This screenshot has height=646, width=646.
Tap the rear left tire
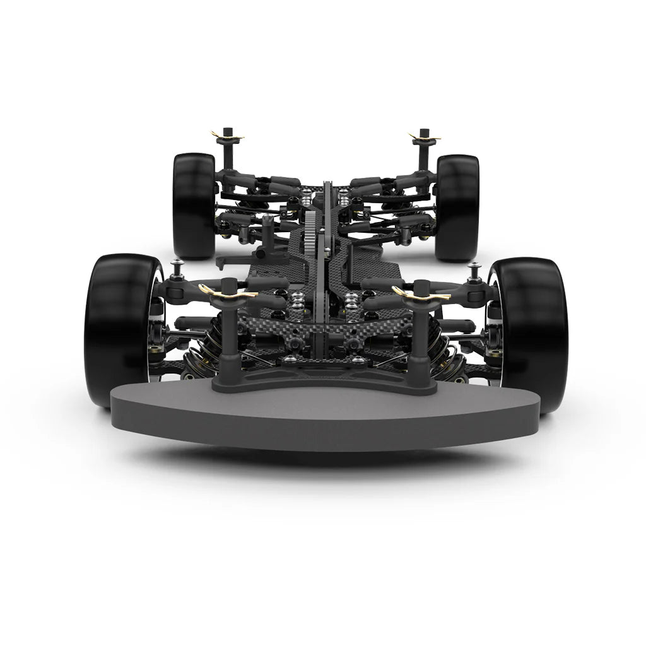[193, 205]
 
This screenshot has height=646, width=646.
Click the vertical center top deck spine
[327, 265]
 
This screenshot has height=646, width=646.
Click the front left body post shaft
[227, 334]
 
